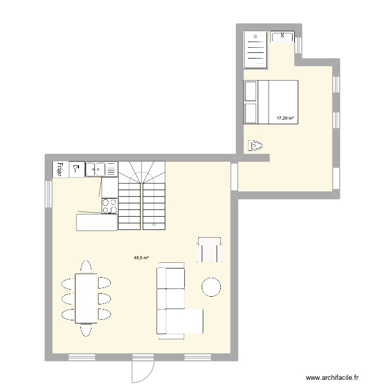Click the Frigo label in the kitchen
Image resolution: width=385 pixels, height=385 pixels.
point(60,169)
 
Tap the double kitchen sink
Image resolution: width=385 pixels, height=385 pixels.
point(95,169)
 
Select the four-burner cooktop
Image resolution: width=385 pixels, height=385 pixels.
point(109,206)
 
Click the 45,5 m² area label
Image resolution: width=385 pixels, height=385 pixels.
point(142,258)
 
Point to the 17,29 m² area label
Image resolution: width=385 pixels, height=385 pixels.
point(285,118)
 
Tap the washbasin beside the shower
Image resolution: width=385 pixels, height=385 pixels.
point(282,36)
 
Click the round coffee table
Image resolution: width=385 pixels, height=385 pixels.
point(211,287)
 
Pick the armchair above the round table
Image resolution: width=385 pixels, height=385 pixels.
point(209,249)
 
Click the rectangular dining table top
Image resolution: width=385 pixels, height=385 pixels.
point(86,298)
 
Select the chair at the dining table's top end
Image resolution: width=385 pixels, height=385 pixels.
point(86,267)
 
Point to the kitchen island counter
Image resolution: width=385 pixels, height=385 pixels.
point(97,222)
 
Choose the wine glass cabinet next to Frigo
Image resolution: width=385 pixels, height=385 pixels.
point(76,169)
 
